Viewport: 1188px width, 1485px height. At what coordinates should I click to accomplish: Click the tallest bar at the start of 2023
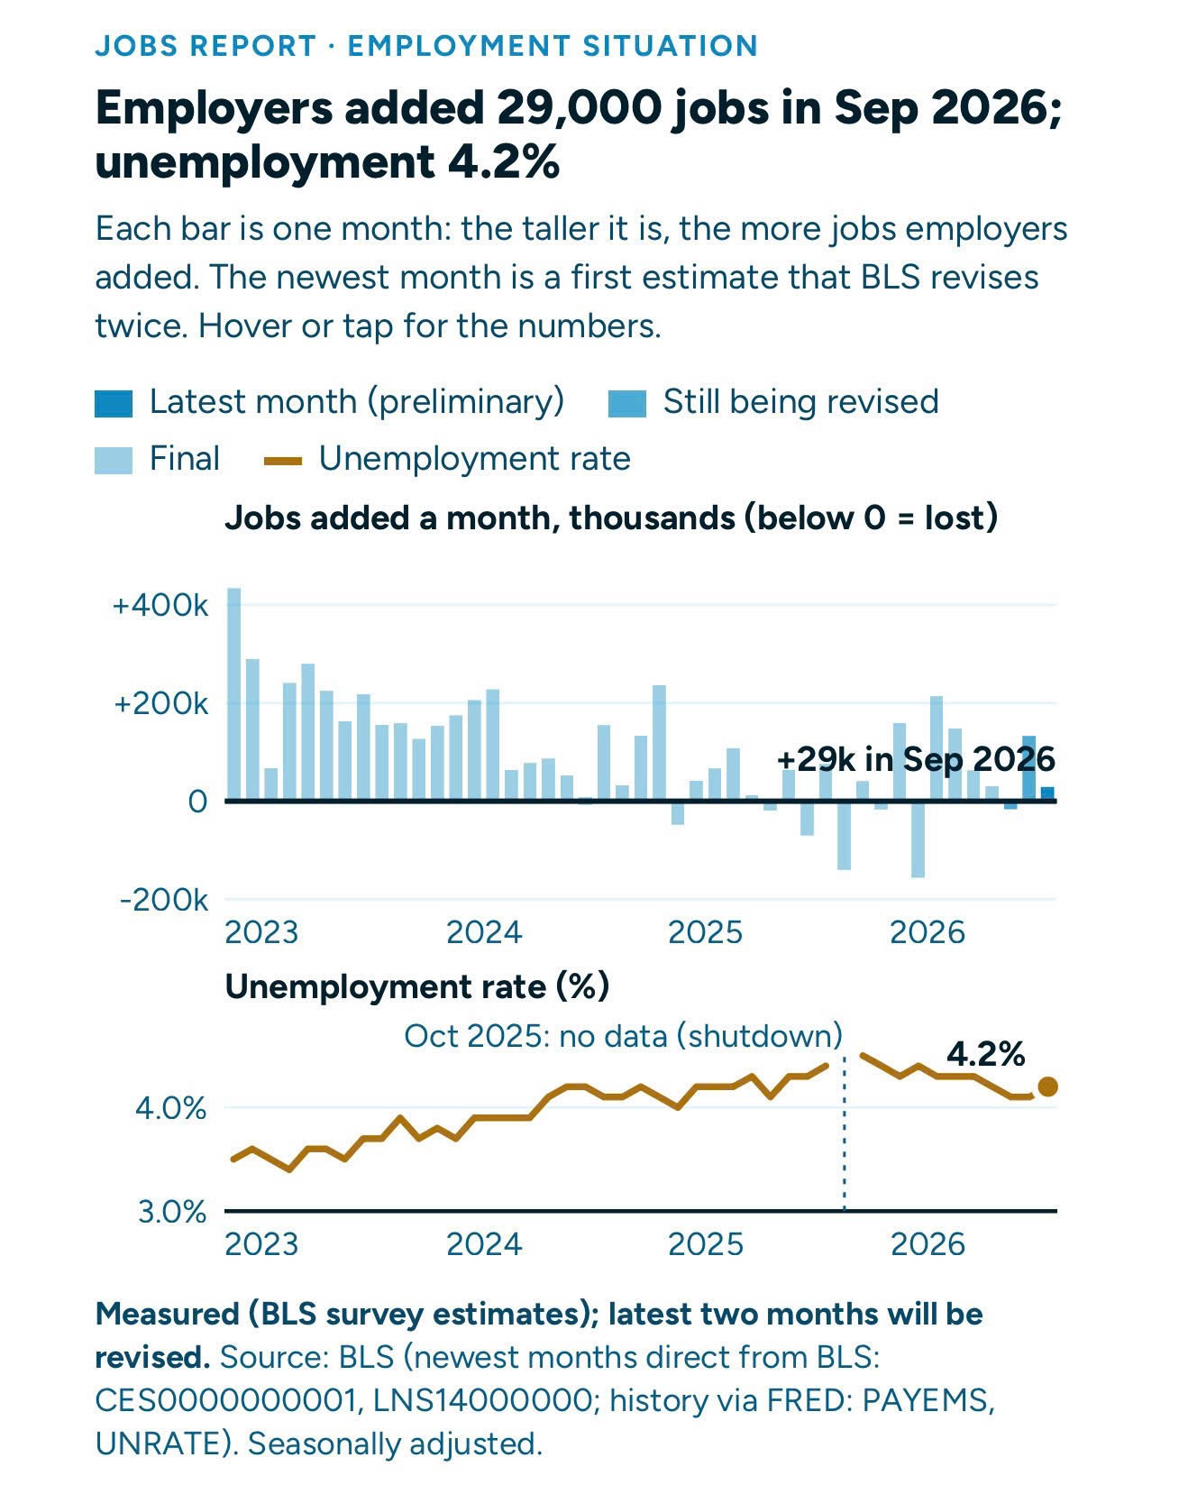tap(233, 693)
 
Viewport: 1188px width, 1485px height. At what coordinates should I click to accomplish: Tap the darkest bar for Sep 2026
tap(1047, 793)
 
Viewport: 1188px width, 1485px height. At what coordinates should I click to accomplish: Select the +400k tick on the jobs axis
tap(160, 605)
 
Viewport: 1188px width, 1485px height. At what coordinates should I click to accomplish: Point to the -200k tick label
tap(163, 899)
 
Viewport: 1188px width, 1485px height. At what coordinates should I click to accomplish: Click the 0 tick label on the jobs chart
tap(197, 801)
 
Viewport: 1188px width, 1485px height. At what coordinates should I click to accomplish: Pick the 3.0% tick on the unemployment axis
tap(172, 1211)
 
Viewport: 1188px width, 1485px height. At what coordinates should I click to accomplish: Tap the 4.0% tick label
tap(171, 1107)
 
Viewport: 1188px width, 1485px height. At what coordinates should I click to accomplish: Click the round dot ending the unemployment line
tap(1047, 1086)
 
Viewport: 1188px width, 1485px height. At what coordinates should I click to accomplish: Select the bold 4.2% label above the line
tap(986, 1053)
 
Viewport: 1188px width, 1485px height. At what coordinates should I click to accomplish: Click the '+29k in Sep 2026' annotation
tap(916, 759)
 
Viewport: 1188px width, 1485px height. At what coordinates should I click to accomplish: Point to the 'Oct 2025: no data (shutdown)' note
tap(623, 1035)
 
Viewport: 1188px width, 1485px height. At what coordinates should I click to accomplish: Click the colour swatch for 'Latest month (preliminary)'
tap(114, 403)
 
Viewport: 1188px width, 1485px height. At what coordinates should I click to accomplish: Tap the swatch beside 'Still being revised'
tap(627, 403)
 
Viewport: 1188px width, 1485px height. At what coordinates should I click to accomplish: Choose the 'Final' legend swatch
tap(114, 460)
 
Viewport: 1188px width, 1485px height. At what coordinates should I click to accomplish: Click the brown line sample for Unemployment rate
tap(283, 461)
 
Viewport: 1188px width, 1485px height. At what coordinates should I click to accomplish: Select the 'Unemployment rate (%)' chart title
tap(417, 986)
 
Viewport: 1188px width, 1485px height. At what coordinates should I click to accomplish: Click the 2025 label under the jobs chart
tap(706, 931)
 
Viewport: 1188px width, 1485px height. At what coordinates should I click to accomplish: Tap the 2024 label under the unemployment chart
tap(484, 1244)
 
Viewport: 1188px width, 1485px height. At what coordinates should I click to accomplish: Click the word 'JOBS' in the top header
tap(133, 45)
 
